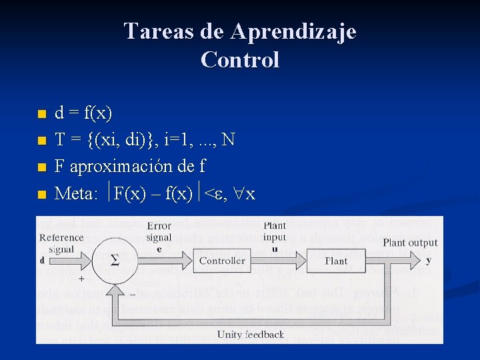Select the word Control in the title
[239, 60]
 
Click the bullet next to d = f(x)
[41, 115]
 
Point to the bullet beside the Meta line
[41, 195]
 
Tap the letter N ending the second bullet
[228, 140]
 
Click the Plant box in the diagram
[336, 261]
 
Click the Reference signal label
[61, 243]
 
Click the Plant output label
[410, 243]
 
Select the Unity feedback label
[250, 335]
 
